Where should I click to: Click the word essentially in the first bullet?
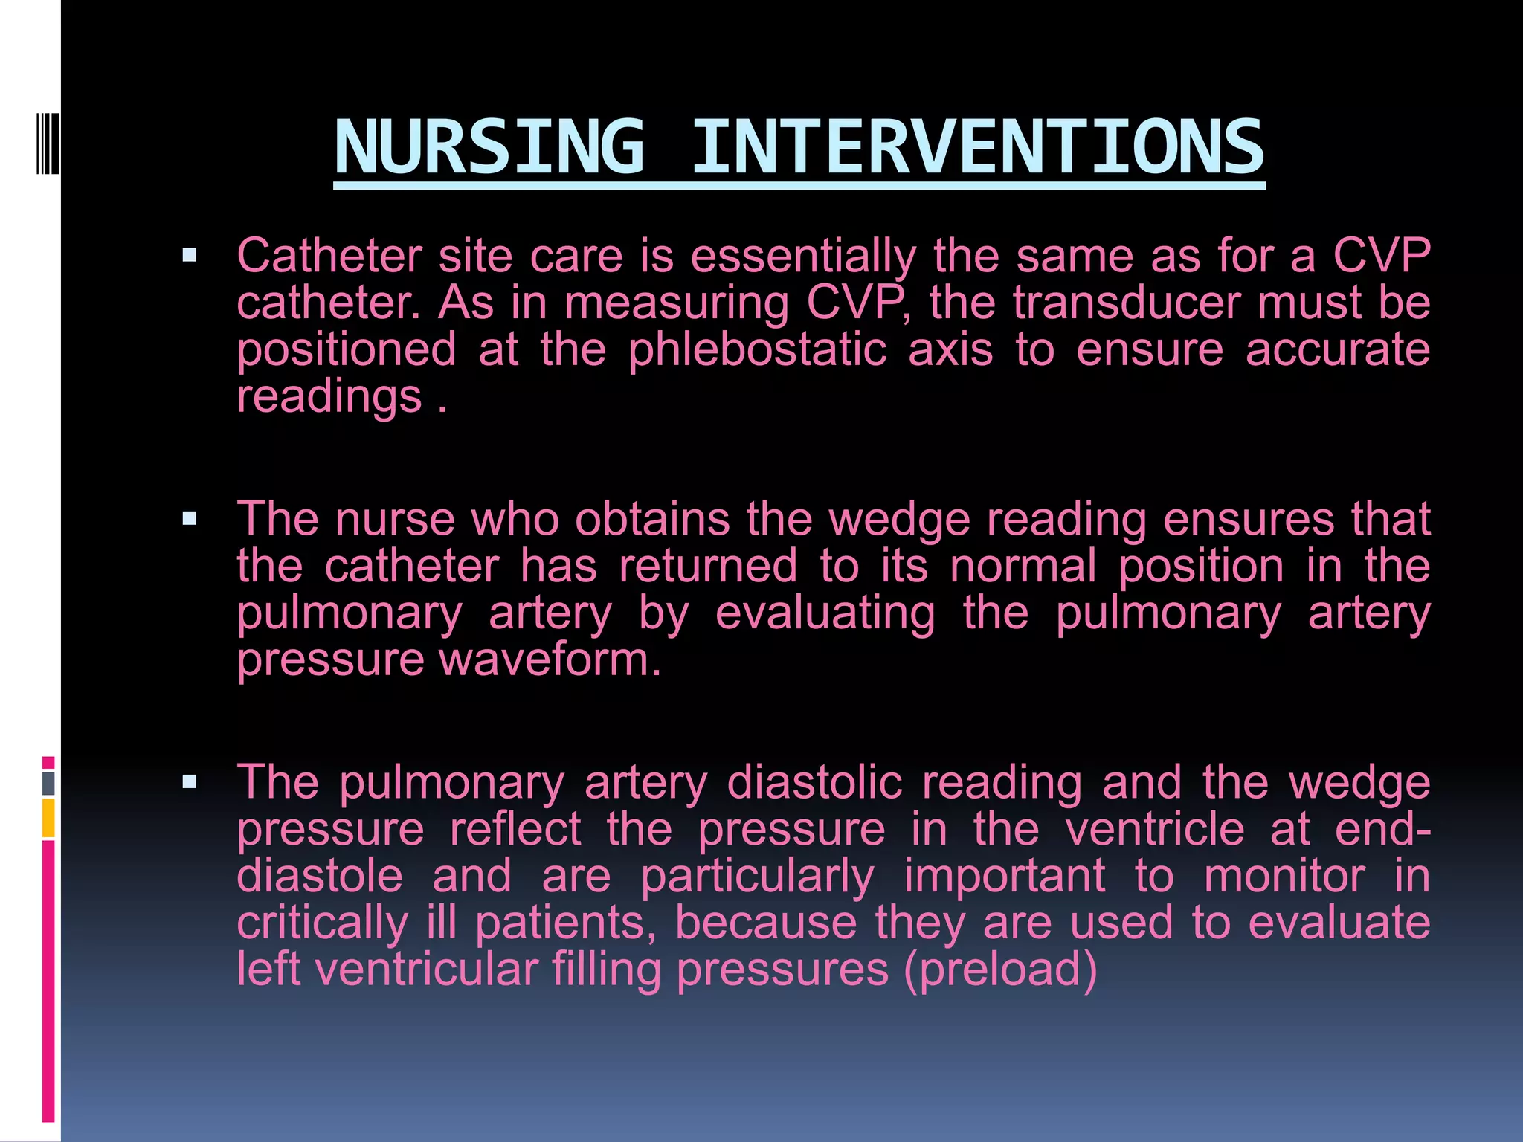(x=802, y=256)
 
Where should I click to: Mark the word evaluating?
(x=825, y=614)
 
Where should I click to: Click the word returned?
(x=708, y=567)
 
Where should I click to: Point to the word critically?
(x=322, y=923)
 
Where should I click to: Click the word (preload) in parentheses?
(x=1000, y=970)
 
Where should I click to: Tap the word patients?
(x=565, y=923)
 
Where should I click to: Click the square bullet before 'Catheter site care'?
(x=190, y=257)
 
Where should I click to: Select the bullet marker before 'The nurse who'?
(x=190, y=519)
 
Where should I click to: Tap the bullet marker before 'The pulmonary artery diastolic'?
(x=190, y=781)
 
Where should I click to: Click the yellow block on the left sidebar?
(x=48, y=818)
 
